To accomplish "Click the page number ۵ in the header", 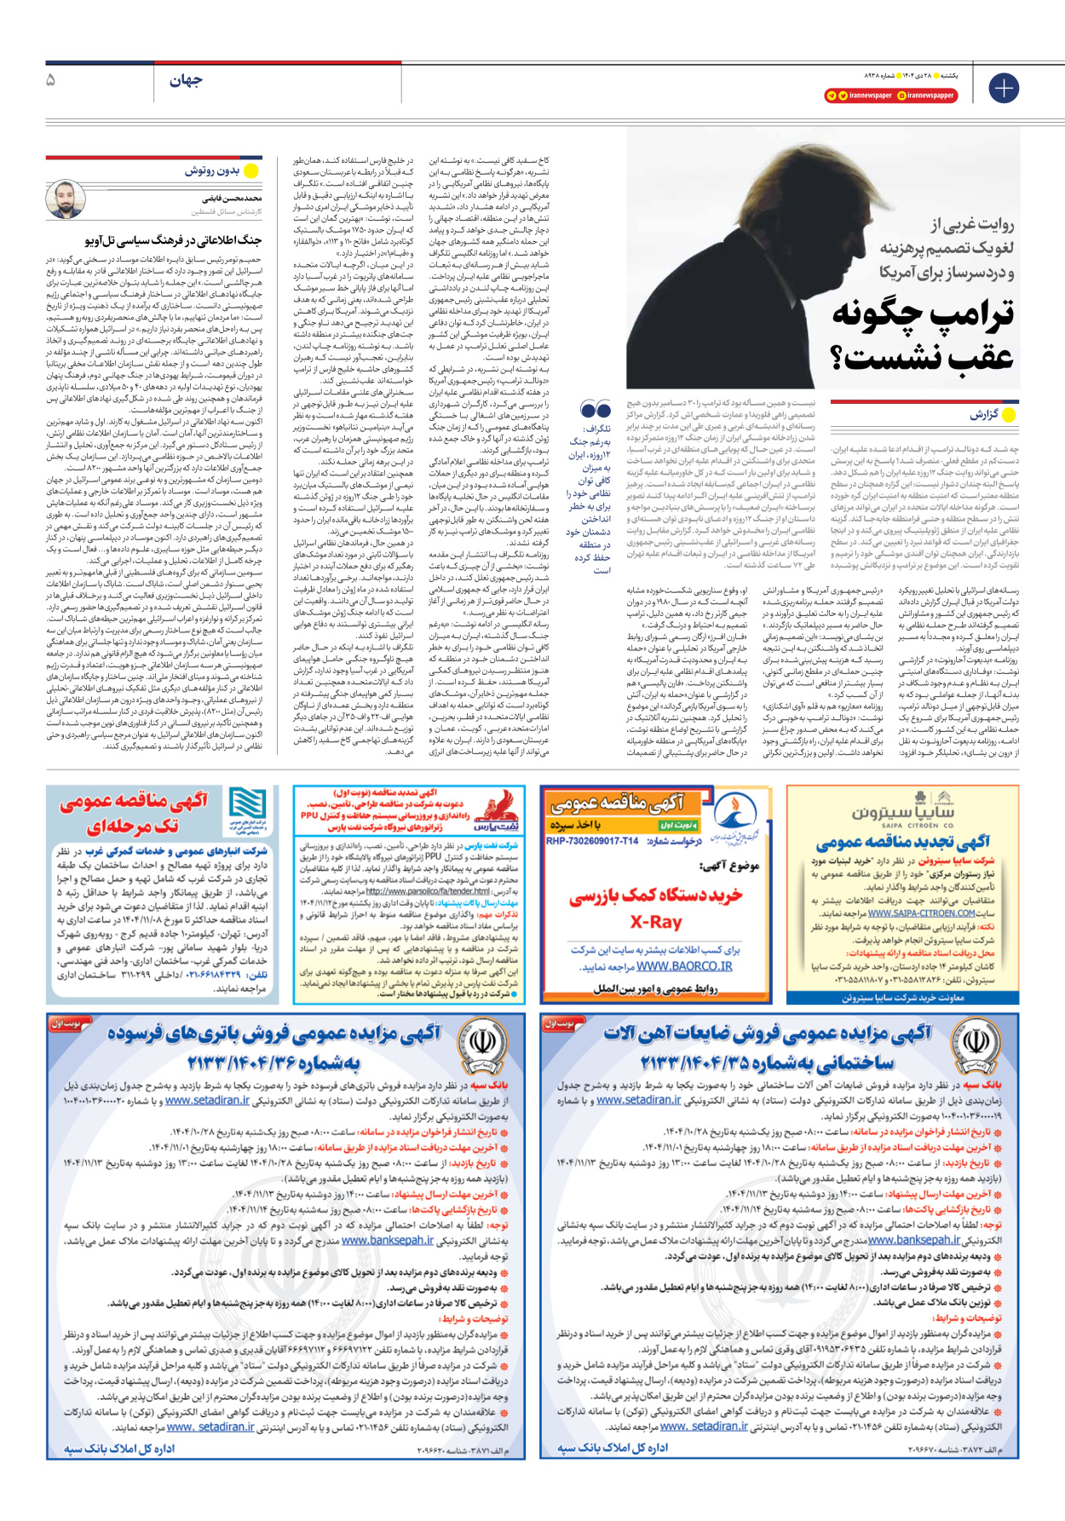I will tap(51, 80).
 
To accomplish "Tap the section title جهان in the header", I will tap(185, 80).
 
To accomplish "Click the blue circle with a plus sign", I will tap(1003, 88).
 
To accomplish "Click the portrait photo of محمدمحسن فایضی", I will tap(65, 200).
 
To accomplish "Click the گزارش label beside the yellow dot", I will tap(983, 415).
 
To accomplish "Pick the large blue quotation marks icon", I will tap(596, 410).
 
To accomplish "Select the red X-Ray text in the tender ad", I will tap(655, 922).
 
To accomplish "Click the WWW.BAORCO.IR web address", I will tap(684, 966).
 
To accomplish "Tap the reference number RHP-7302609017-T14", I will tap(592, 841).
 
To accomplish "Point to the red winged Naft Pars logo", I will tap(499, 808).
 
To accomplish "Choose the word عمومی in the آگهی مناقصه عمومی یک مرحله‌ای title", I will tap(94, 802).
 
